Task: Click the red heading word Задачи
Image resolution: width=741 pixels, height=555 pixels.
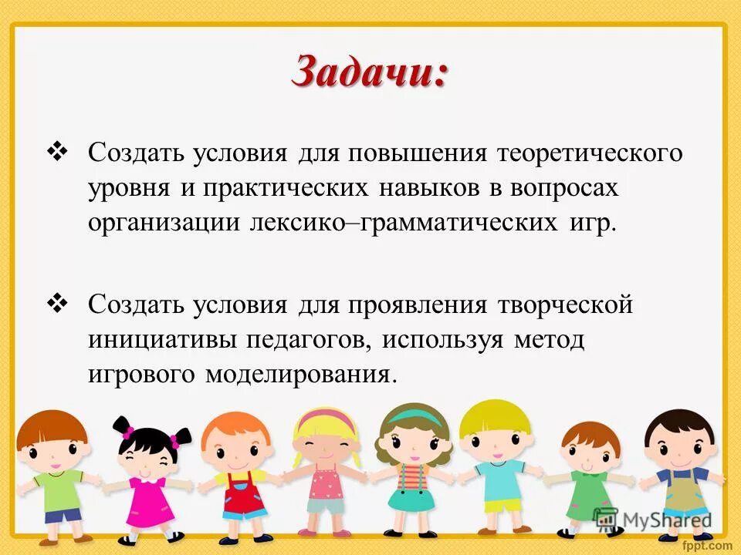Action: (x=369, y=73)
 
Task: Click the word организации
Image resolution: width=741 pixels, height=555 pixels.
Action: (x=164, y=224)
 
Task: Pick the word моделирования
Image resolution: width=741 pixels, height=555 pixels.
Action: (x=301, y=375)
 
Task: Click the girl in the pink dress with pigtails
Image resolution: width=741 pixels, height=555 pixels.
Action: (x=146, y=470)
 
